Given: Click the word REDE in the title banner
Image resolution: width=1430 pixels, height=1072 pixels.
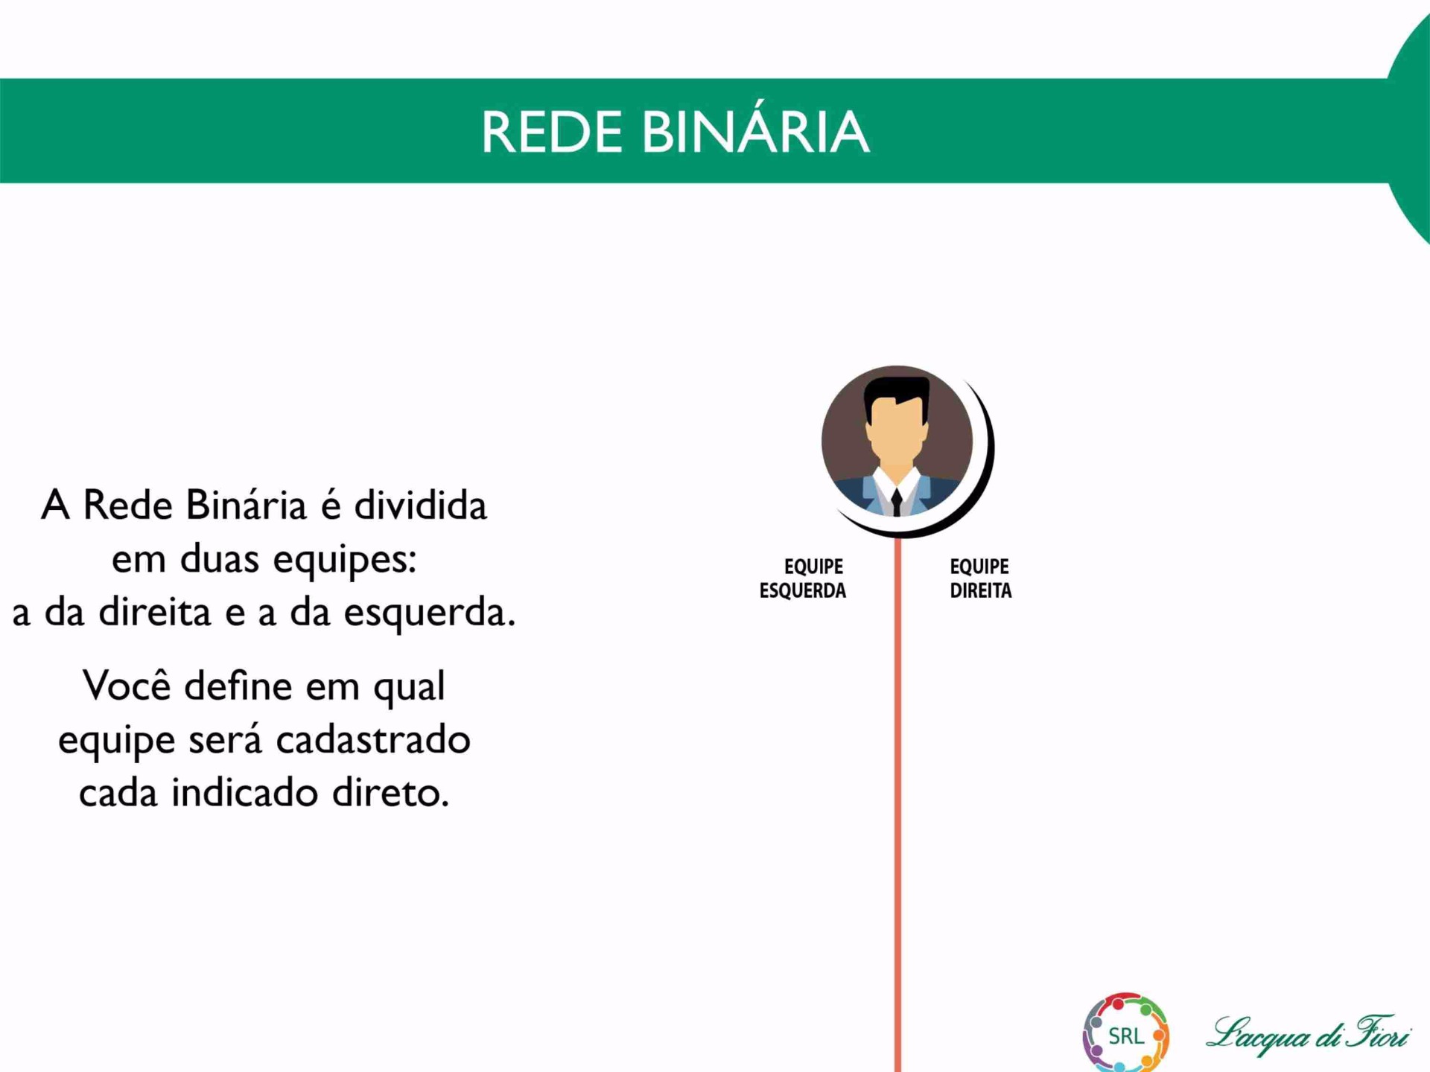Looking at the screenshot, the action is [551, 133].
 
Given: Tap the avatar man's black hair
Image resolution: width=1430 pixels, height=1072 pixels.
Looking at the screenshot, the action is [897, 395].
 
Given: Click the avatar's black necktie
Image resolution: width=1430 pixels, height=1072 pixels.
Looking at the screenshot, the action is [897, 502].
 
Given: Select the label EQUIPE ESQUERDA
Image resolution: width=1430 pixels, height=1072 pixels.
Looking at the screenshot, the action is [802, 578].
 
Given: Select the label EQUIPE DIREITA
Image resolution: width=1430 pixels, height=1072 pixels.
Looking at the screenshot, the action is [980, 578].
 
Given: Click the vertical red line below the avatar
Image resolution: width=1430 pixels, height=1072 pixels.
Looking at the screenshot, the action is [897, 805].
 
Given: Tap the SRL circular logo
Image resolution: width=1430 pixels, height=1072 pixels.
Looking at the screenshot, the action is [1125, 1033].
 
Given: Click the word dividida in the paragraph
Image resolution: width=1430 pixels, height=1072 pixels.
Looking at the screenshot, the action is [420, 505].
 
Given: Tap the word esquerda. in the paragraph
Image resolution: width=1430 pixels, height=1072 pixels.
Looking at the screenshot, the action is [429, 613].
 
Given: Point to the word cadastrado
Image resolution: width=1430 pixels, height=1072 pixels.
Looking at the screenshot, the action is [373, 739].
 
